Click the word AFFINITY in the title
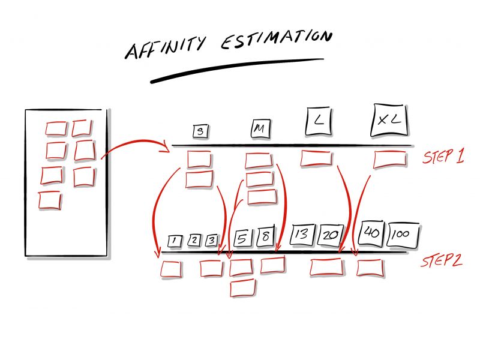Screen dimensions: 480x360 (166, 47)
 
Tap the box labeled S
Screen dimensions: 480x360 (201, 131)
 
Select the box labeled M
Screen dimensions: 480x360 (261, 129)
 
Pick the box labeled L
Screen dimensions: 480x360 (319, 121)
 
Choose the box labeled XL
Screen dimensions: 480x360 (389, 120)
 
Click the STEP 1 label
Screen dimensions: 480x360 (443, 155)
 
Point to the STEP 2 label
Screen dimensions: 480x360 (442, 260)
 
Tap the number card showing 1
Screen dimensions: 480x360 (175, 241)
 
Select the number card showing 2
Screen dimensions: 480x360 (194, 241)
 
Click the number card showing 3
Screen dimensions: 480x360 (212, 241)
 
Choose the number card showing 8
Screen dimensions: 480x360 (265, 236)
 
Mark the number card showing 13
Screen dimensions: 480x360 (302, 235)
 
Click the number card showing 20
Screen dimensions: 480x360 (331, 235)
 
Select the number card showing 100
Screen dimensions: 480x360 (403, 235)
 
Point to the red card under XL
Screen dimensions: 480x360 (390, 159)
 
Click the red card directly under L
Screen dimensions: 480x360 (316, 158)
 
